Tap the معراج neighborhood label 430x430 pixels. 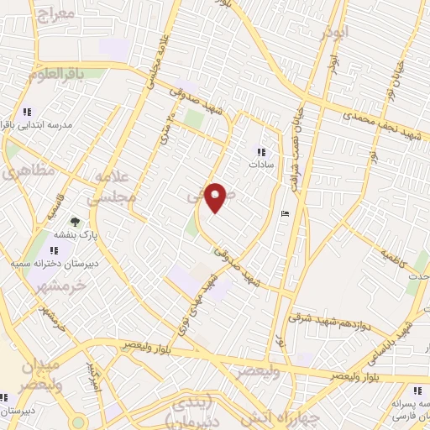point(56,15)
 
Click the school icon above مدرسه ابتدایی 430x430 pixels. point(27,111)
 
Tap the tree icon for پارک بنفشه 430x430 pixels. point(76,222)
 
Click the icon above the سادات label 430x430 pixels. point(260,152)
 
